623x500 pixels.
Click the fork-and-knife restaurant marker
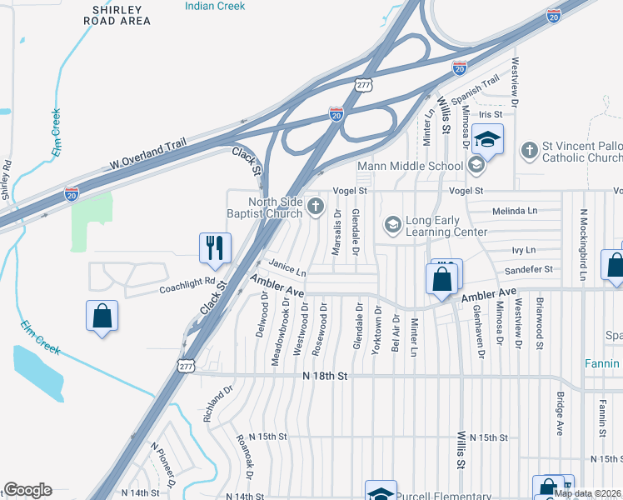coord(213,248)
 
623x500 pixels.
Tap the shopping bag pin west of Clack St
coord(102,316)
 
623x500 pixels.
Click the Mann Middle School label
coord(410,166)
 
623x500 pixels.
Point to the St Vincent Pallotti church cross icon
coord(528,150)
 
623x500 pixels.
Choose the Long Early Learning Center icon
coord(392,224)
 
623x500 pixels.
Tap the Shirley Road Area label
coord(122,14)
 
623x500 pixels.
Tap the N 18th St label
coord(324,377)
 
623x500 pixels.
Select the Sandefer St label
coord(531,269)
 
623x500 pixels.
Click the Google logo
coord(27,490)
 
